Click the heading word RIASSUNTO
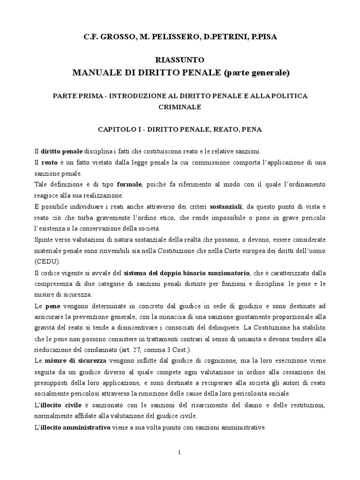180,60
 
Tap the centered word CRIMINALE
180,107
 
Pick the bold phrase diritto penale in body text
62,151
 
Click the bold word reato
49,162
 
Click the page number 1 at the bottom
180,452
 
